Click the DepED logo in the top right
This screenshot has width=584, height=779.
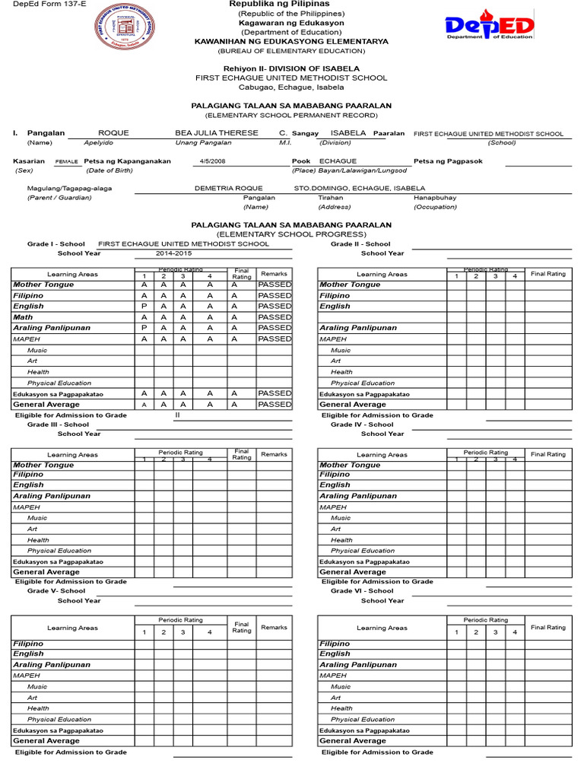(x=490, y=29)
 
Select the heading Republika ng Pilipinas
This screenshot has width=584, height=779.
(x=290, y=5)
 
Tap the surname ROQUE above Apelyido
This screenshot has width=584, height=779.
(x=113, y=133)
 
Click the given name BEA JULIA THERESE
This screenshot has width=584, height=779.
(x=217, y=133)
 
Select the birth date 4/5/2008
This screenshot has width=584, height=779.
(x=213, y=161)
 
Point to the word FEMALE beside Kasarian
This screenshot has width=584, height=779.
(x=67, y=162)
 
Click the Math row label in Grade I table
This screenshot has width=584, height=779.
(x=24, y=317)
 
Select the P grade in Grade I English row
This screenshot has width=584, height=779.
(x=144, y=307)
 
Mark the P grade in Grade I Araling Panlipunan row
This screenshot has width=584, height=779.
(x=144, y=328)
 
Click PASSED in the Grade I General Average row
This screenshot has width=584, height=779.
(x=275, y=405)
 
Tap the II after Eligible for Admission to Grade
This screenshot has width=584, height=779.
(x=177, y=415)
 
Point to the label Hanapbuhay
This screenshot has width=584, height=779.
(x=435, y=198)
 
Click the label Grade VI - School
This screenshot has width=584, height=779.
(x=362, y=591)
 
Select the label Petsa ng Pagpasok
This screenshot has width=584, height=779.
(x=448, y=161)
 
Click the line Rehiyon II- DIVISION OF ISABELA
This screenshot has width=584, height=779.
(x=291, y=68)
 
